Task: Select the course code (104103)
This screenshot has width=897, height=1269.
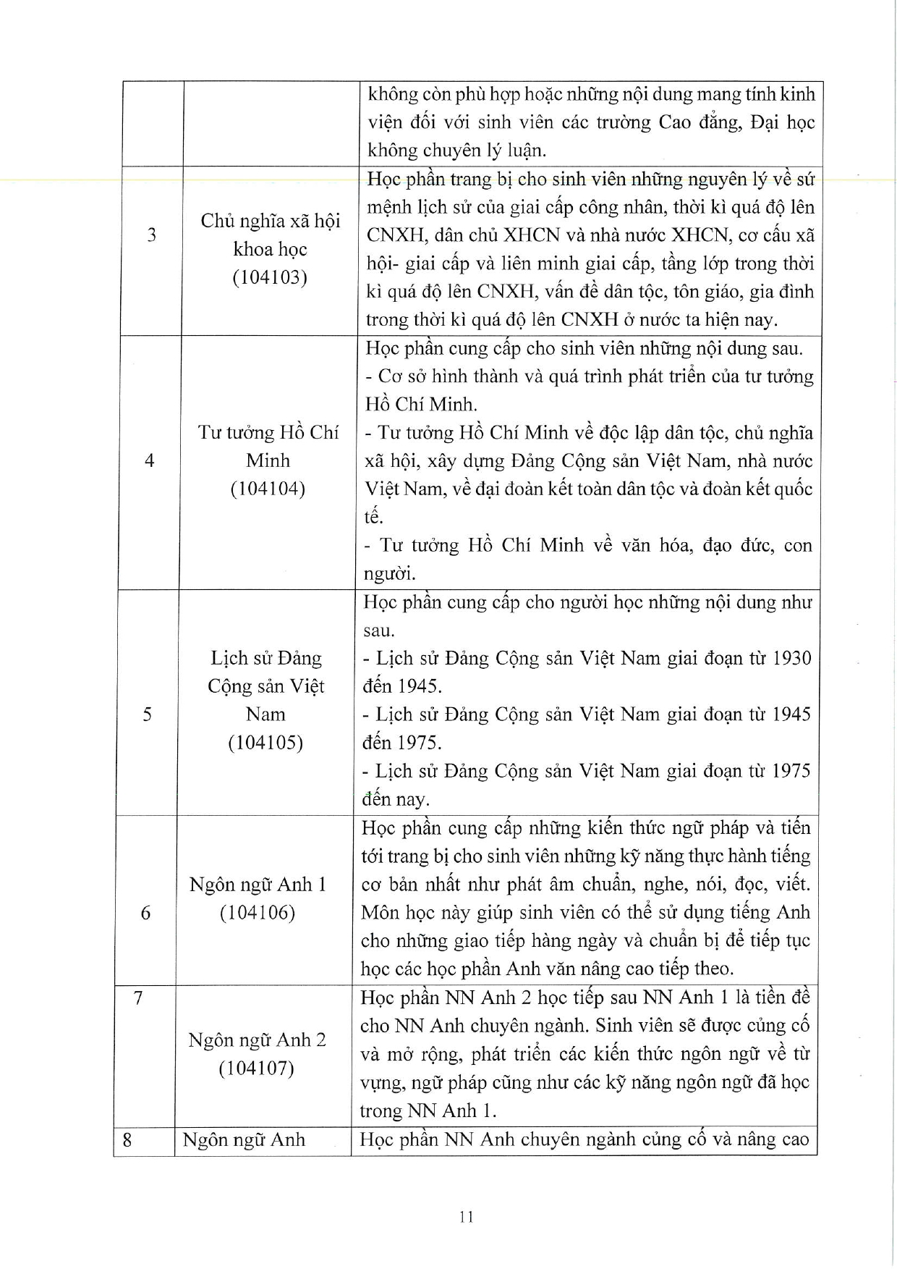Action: coord(270,277)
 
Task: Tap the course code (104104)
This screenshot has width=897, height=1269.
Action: coord(268,489)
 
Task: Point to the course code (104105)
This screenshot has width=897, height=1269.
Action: coord(265,742)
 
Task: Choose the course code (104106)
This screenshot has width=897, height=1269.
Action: coord(258,912)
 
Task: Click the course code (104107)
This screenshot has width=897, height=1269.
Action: coord(257,1068)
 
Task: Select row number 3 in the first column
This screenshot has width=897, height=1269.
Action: coord(152,235)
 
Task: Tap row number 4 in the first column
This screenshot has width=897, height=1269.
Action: coord(150,460)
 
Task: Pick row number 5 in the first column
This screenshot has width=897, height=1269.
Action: coord(148,714)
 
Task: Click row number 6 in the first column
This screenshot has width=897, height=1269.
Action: coord(145,912)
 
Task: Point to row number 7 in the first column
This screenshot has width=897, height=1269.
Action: coord(138,998)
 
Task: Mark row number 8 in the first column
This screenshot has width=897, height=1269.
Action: coord(127,1139)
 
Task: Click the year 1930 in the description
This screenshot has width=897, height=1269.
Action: coord(791,658)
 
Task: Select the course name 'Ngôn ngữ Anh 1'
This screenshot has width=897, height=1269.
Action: coord(258,884)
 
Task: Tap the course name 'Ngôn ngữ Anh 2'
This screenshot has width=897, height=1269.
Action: coord(257,1040)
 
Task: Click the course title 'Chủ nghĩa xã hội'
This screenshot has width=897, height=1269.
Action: coord(271,221)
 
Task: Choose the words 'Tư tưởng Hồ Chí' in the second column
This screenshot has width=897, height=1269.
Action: coord(268,432)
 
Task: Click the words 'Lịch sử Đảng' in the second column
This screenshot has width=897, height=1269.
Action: coord(266,657)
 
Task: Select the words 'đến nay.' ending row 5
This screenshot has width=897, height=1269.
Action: coord(396,799)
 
